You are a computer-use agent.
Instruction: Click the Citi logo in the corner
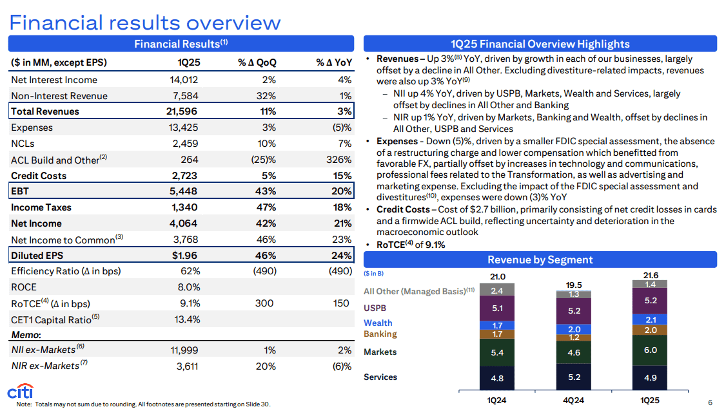point(20,392)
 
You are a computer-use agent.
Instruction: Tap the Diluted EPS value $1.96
point(186,256)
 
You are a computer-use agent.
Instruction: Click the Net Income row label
point(36,223)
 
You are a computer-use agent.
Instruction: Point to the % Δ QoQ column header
point(257,62)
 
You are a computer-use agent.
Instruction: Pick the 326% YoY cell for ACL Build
point(338,160)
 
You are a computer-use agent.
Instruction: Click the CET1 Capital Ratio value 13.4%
point(186,319)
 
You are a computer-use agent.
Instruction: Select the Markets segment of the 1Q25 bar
point(650,350)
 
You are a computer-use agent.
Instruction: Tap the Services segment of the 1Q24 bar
point(497,378)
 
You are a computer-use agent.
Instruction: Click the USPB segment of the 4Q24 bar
point(574,310)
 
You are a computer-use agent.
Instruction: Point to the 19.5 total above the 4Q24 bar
point(574,285)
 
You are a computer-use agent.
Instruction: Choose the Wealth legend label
point(378,323)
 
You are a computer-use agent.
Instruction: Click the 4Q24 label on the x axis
point(574,401)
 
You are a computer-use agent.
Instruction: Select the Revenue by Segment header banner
point(540,260)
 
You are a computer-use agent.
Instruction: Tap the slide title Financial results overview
point(145,23)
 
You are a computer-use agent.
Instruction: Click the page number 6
point(710,403)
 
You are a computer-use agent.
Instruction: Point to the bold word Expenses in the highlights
point(396,141)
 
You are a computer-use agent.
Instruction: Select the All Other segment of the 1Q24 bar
point(497,290)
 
